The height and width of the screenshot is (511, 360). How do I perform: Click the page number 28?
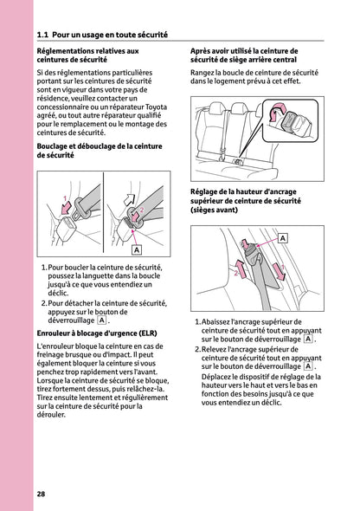coord(41,494)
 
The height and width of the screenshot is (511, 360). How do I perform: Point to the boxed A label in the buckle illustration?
coord(136,249)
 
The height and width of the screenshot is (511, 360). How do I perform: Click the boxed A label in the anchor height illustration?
coord(283,236)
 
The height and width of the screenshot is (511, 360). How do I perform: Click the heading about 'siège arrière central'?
coord(244,55)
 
